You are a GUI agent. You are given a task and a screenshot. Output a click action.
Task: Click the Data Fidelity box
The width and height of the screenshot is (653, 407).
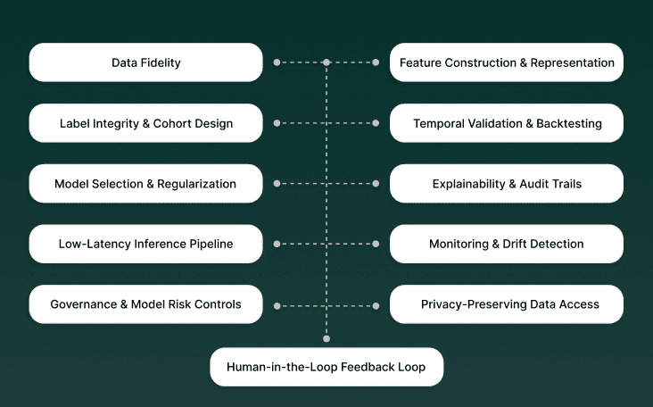tap(146, 62)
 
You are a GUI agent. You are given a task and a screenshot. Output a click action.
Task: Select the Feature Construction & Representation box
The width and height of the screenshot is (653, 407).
tap(507, 62)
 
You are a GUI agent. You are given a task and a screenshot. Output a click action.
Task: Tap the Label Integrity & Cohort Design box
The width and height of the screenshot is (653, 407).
tap(146, 123)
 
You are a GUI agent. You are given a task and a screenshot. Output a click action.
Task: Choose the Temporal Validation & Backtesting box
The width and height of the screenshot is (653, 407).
tap(507, 123)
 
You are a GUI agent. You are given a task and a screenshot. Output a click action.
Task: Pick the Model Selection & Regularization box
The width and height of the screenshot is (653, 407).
tap(146, 184)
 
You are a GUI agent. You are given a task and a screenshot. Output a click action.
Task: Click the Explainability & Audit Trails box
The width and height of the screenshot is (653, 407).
tap(507, 184)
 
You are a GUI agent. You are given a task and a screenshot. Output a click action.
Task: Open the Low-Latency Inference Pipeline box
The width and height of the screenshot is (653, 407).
tap(146, 244)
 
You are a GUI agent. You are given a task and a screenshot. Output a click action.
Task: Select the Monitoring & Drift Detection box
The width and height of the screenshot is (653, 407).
tap(507, 244)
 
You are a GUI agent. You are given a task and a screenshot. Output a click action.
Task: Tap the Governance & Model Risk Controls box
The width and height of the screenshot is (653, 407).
tap(146, 304)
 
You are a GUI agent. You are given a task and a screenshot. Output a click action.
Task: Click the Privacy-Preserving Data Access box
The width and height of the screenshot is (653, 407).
tap(507, 304)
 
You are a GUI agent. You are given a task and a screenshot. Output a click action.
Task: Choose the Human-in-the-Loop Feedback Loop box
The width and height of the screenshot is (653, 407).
tap(326, 367)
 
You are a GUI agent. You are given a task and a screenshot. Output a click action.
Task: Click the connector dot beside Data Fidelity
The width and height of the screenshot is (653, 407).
tap(277, 62)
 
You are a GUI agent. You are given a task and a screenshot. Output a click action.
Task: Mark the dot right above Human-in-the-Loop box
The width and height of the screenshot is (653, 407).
tap(326, 338)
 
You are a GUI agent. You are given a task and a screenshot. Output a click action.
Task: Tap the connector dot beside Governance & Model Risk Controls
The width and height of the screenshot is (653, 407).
tap(277, 305)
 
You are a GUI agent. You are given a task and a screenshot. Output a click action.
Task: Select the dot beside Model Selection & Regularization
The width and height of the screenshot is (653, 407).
tap(277, 184)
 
